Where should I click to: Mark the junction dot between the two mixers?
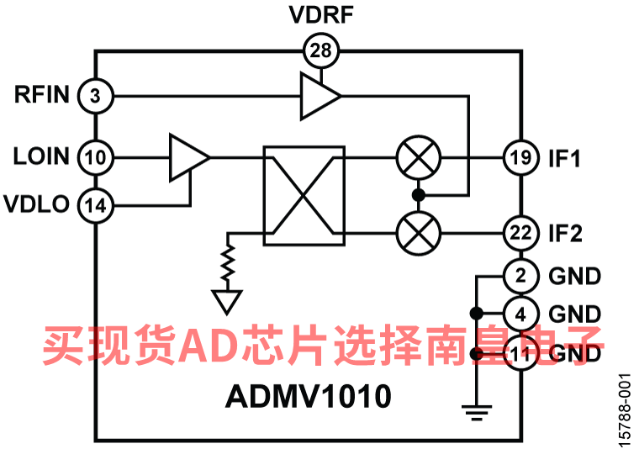click(419, 196)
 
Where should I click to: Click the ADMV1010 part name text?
click(308, 396)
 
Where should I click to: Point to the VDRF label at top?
click(321, 15)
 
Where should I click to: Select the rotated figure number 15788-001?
click(625, 410)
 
